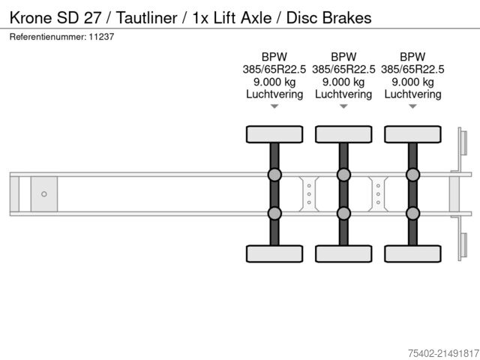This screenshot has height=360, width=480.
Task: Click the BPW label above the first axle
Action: [274, 57]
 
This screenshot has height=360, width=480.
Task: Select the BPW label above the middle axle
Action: [343, 57]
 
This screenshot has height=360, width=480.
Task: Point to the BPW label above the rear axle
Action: [412, 57]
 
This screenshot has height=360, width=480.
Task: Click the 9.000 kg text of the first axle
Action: [274, 82]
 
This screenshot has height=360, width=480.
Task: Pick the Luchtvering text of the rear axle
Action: [412, 94]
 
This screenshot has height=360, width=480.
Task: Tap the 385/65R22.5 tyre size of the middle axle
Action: [343, 69]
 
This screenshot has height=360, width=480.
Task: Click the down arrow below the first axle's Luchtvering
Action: [274, 106]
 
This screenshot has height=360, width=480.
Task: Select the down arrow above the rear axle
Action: [412, 106]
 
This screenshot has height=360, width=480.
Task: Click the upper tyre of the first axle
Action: [274, 134]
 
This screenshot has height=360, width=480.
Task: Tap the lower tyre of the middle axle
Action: [343, 253]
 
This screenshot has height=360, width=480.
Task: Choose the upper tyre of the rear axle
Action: [412, 134]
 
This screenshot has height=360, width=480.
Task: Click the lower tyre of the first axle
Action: [274, 253]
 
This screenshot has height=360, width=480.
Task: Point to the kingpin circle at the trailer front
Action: [43, 194]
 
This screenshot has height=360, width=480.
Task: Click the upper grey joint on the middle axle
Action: [343, 175]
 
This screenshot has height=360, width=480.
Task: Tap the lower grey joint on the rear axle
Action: [412, 213]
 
